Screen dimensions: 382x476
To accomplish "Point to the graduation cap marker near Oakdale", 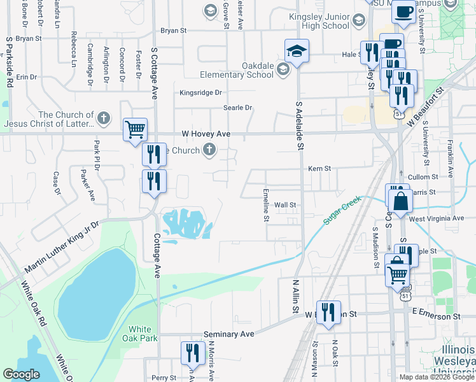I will click(x=297, y=50).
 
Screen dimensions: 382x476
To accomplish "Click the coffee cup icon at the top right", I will click(x=403, y=11).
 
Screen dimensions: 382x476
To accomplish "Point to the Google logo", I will click(x=22, y=374).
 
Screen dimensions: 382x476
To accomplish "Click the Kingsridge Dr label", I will click(x=200, y=92).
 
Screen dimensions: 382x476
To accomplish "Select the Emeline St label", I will click(x=267, y=204).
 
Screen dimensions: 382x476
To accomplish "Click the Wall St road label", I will click(x=285, y=205).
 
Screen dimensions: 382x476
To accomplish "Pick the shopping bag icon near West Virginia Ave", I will click(x=401, y=201).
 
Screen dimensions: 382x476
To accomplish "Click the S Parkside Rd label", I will click(x=10, y=60).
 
